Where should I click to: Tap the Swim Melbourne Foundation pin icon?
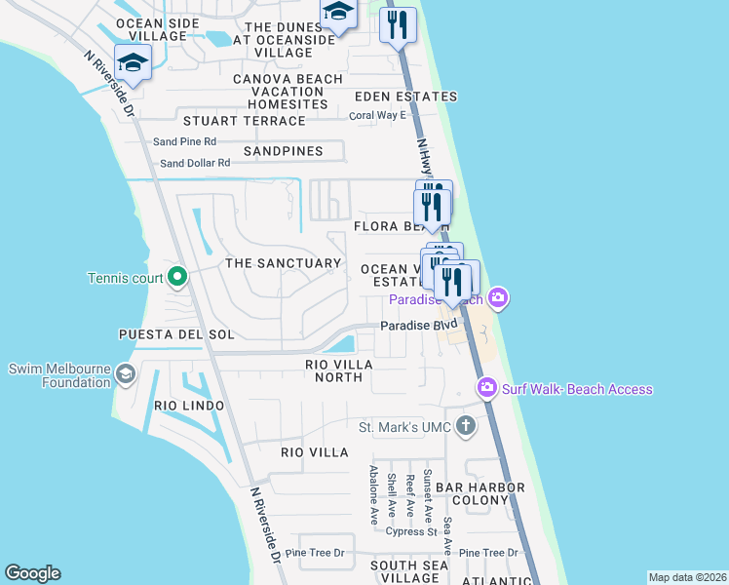click(125, 373)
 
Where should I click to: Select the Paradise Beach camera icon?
click(498, 297)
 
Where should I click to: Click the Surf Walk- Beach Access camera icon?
click(487, 388)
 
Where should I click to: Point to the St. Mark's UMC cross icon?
click(466, 425)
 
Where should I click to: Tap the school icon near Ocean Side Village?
click(132, 64)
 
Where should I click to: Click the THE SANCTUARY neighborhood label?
click(283, 263)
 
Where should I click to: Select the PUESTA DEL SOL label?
click(176, 334)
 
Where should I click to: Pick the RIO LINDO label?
click(189, 405)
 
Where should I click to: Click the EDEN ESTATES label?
click(405, 97)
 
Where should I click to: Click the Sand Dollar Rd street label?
click(195, 164)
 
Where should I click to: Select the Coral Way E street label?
click(377, 115)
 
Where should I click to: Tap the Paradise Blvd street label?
click(418, 325)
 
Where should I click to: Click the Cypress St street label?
click(410, 532)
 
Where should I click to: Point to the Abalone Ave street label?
click(373, 494)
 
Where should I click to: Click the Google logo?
click(32, 573)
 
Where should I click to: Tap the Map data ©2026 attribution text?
click(687, 577)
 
